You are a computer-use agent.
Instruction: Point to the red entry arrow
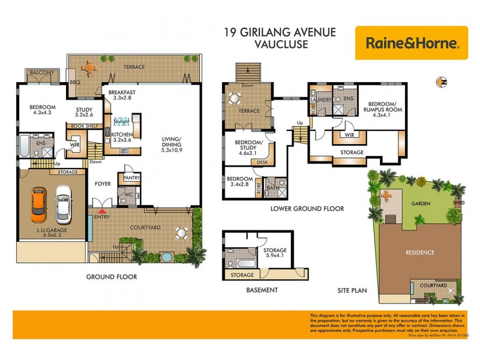102,211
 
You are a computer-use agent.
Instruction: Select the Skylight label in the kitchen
121,122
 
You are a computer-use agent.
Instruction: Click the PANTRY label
131,178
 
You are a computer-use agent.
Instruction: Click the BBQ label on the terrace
75,82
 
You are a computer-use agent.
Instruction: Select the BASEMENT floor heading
263,290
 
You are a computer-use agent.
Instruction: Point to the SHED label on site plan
459,203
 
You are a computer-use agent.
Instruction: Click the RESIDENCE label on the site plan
420,253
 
